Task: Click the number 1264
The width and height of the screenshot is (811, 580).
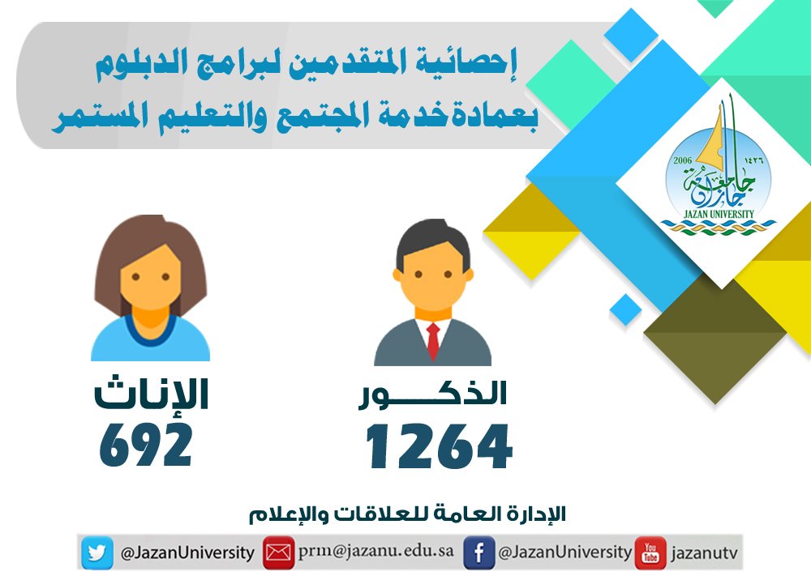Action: pos(439,446)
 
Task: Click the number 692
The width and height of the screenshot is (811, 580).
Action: pos(146,444)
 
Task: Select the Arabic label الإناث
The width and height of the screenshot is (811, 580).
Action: pos(151,394)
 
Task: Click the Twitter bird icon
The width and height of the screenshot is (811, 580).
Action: pos(97,552)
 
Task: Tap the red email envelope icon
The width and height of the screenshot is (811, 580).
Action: pos(278,552)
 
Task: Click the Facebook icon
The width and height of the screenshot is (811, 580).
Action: pos(478,552)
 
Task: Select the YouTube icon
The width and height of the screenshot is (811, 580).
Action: pos(650,552)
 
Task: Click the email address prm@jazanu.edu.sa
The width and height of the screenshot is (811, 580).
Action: pos(376,551)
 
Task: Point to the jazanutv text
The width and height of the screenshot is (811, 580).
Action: pos(704,553)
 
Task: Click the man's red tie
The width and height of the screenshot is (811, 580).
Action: pos(433,340)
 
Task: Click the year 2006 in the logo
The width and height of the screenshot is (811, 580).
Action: pos(683,160)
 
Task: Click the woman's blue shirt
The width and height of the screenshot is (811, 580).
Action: pos(151,339)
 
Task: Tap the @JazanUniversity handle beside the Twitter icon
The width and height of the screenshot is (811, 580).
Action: pos(187,553)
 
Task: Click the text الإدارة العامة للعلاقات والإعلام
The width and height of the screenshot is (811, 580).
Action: pos(408,514)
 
